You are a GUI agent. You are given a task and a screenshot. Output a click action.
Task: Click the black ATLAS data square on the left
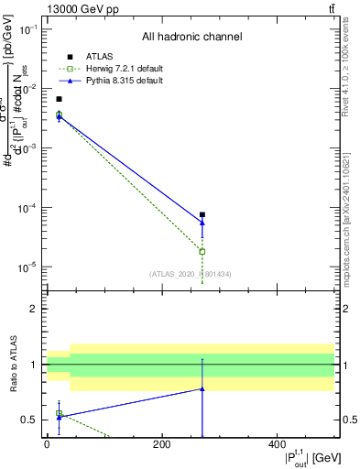point(59,99)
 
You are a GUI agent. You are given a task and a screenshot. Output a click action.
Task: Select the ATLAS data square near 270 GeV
point(202,214)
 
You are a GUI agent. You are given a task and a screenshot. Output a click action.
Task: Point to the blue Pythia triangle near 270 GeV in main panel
point(202,223)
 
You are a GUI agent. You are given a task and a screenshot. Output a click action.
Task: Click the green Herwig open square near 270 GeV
point(202,251)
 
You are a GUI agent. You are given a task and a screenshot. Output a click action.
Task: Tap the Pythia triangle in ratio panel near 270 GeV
point(202,388)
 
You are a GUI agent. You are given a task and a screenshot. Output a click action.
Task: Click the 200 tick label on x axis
point(161,444)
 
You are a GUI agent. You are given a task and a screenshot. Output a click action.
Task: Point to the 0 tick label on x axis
point(47,444)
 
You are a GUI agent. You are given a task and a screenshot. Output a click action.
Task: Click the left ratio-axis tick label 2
point(32,309)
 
